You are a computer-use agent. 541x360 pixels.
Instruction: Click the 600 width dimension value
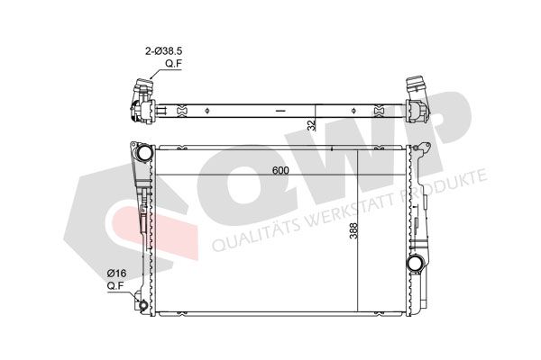point(280,170)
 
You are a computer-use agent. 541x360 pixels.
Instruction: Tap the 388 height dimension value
point(353,230)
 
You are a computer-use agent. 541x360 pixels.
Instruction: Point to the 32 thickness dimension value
point(312,125)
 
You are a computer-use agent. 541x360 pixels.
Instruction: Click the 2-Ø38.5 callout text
point(163,51)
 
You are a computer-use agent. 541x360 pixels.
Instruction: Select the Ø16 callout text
point(116,274)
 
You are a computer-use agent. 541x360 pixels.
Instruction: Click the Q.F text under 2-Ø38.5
point(173,64)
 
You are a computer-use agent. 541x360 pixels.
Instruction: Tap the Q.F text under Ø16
point(115,286)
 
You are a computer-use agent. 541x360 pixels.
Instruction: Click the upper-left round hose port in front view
point(144,152)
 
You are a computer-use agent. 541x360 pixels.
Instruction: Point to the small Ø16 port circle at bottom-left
point(142,305)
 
